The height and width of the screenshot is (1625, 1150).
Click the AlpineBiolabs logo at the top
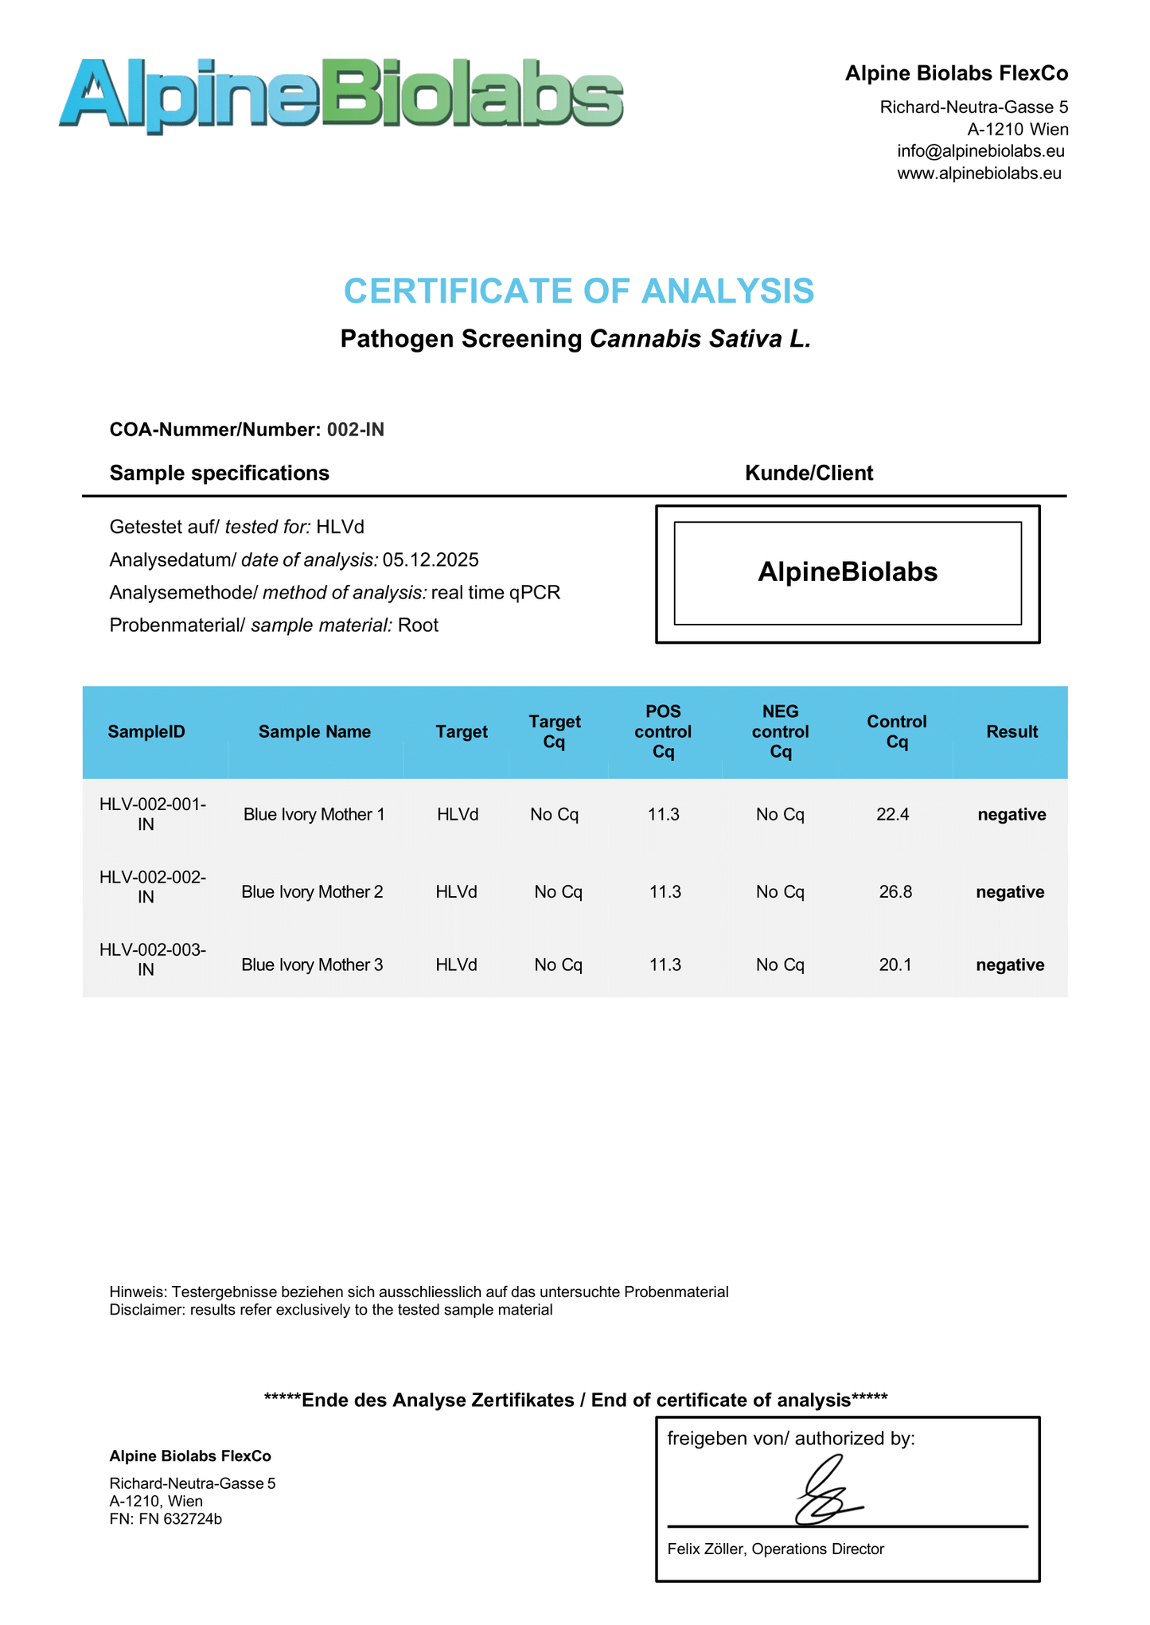click(341, 94)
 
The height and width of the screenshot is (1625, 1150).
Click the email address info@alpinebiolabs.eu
click(980, 151)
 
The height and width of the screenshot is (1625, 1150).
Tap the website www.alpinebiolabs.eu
click(979, 173)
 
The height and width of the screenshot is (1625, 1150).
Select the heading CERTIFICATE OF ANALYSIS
click(579, 291)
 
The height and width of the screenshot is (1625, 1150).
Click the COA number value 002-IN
click(356, 430)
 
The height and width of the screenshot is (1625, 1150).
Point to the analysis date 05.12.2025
click(431, 560)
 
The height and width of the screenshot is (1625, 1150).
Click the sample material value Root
click(418, 625)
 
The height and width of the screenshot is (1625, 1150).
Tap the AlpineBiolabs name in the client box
click(848, 572)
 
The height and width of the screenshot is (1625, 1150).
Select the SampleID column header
click(146, 732)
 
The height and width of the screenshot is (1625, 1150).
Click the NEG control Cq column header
click(780, 732)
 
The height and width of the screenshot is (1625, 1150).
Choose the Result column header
click(1012, 732)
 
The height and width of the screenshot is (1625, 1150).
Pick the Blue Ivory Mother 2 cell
click(312, 892)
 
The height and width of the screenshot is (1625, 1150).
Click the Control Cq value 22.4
click(892, 815)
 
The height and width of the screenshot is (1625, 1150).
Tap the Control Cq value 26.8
click(895, 892)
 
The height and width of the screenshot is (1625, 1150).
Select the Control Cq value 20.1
click(895, 965)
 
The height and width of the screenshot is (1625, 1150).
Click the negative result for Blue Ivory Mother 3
click(1010, 965)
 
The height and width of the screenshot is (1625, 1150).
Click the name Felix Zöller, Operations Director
click(776, 1549)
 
